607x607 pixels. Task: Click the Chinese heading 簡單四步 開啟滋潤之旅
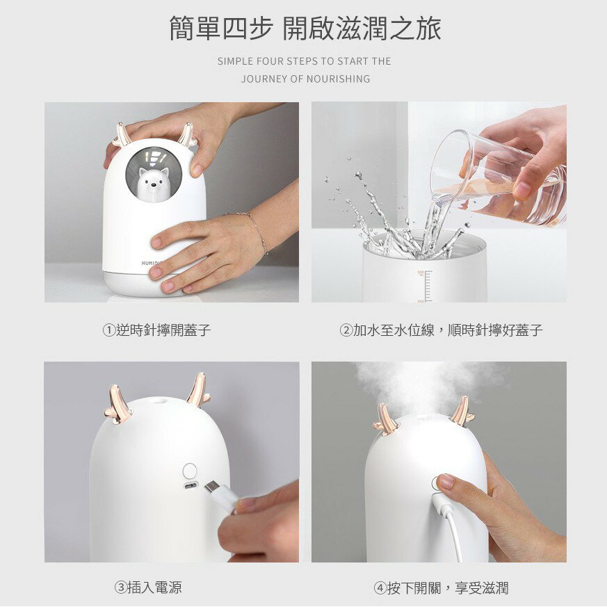[305, 29]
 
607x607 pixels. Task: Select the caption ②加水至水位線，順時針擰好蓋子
[441, 330]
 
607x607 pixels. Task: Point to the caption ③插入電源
[148, 588]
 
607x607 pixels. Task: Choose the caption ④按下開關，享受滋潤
[441, 588]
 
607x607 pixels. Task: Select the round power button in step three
[188, 469]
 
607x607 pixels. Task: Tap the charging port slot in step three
[190, 485]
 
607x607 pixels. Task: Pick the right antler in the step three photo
[198, 391]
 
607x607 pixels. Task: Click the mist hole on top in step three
[161, 401]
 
